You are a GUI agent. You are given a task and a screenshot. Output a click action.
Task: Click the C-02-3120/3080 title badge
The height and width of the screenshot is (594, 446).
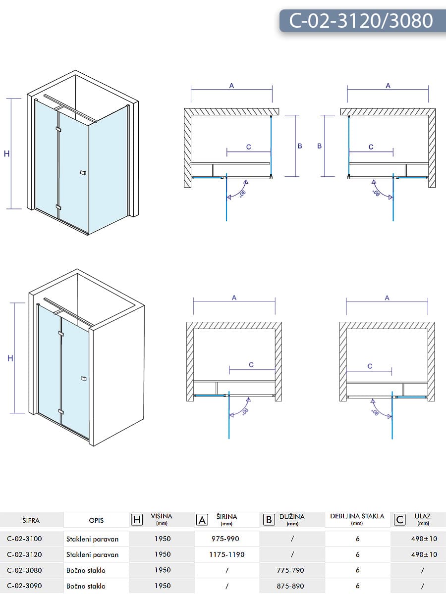[362, 21]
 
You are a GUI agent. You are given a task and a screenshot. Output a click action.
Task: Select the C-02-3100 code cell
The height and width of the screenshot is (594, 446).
[24, 539]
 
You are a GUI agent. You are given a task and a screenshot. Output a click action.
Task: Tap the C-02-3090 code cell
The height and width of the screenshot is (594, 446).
[24, 586]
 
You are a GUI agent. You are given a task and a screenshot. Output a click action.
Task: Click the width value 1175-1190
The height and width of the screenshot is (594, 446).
[227, 554]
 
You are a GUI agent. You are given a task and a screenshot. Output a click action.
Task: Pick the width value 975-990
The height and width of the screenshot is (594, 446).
[227, 539]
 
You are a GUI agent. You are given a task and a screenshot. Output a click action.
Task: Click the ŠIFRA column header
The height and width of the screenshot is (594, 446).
[31, 520]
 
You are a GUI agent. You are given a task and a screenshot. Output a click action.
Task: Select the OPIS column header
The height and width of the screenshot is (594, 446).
[96, 520]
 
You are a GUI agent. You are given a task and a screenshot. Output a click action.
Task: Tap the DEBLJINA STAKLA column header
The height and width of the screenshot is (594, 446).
[357, 516]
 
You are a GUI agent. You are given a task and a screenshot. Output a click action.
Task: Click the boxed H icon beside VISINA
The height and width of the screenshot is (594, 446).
[137, 519]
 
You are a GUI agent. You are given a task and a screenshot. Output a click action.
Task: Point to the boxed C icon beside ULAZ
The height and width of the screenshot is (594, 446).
[399, 519]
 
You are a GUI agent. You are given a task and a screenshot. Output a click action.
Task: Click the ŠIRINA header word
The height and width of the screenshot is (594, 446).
[227, 516]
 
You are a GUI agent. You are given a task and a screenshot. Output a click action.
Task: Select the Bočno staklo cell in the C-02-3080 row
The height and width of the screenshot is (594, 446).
[86, 570]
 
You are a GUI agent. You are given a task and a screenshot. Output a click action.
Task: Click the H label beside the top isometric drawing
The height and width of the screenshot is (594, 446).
[7, 154]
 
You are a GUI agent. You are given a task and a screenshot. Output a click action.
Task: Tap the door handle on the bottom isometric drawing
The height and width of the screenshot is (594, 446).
[83, 379]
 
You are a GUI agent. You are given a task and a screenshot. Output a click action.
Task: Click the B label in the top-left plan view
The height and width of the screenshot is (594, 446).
[300, 146]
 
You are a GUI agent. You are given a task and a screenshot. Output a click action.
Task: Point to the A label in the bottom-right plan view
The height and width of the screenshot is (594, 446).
[387, 298]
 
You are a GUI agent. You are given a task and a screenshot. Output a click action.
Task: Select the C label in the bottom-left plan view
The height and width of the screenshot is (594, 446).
[251, 365]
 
